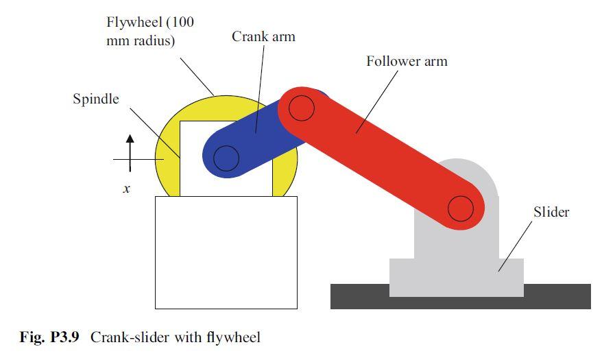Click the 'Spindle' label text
click(x=95, y=99)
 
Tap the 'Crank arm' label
click(x=263, y=36)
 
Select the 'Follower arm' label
click(x=406, y=62)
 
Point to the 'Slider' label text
click(x=551, y=213)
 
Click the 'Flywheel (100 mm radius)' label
click(x=149, y=32)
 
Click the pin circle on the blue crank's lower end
click(x=226, y=158)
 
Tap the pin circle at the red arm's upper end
click(x=301, y=107)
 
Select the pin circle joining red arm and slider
click(x=461, y=208)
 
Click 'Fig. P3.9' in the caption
click(x=51, y=337)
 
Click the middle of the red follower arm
click(x=381, y=158)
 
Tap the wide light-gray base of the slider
click(x=456, y=278)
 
